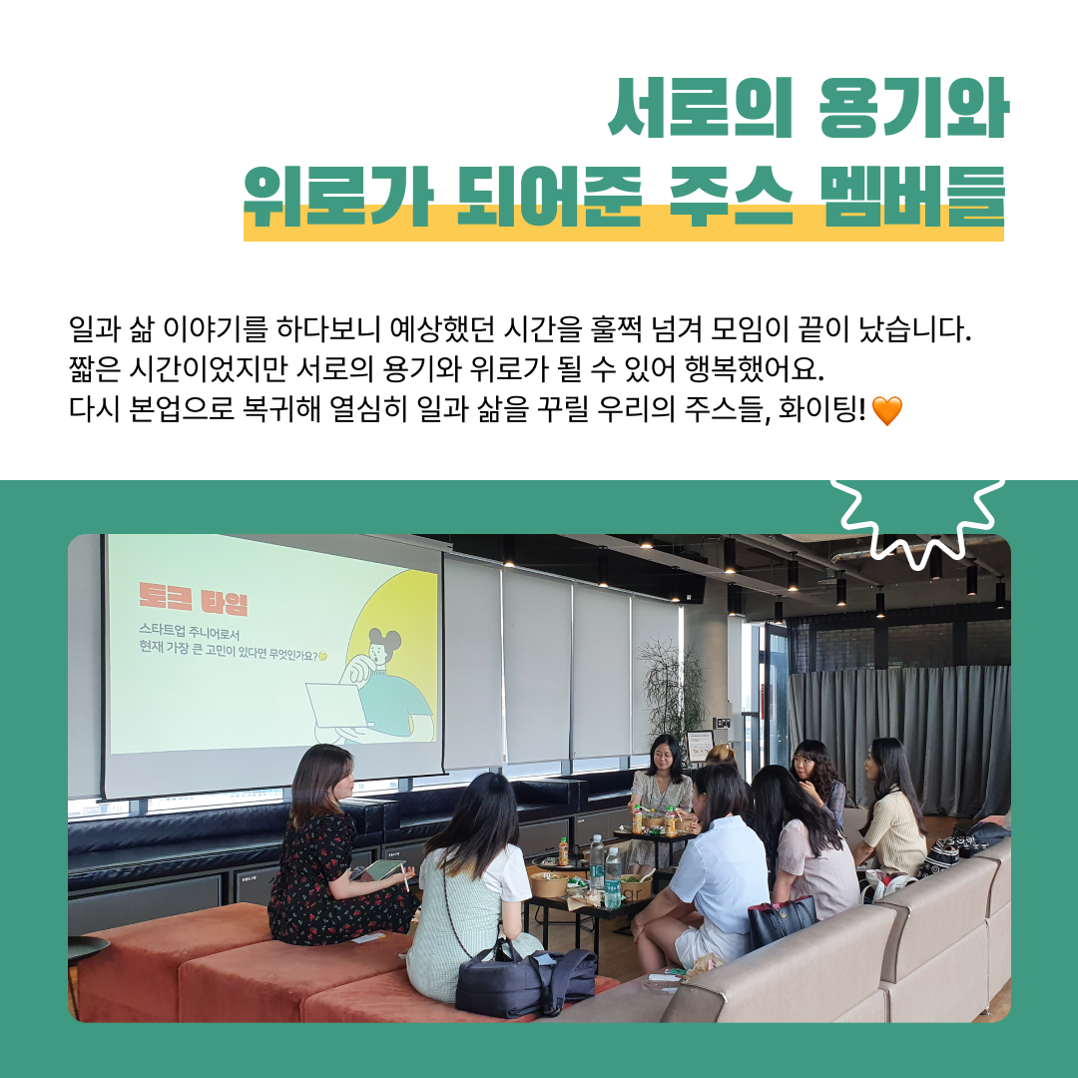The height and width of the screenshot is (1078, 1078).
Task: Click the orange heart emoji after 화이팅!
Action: tap(886, 410)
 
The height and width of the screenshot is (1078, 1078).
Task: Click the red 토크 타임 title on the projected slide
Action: tap(194, 602)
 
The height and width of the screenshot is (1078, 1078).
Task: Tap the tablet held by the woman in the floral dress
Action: tap(380, 869)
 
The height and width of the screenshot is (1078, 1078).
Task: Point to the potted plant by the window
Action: tap(671, 689)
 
